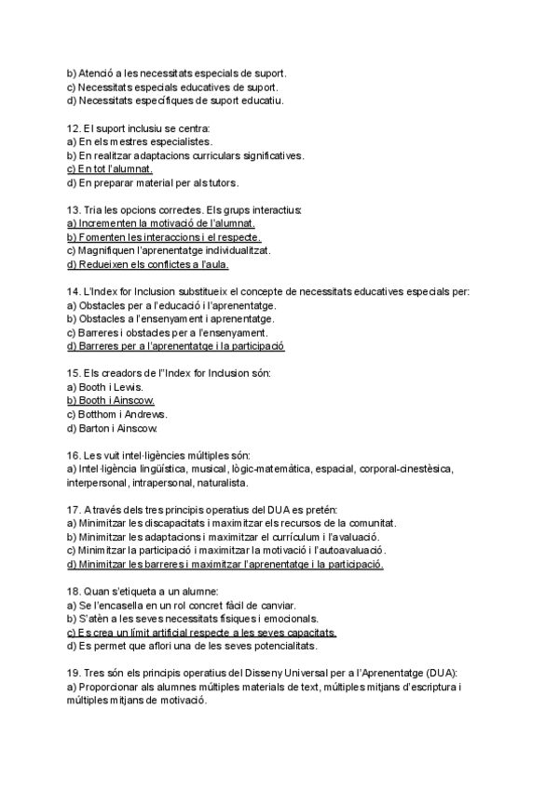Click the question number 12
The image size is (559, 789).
[x=74, y=127]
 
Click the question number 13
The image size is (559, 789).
[x=74, y=210]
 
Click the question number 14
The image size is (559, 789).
[x=74, y=292]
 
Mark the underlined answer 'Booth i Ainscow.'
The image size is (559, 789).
[x=111, y=401]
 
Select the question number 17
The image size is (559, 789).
[x=74, y=510]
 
